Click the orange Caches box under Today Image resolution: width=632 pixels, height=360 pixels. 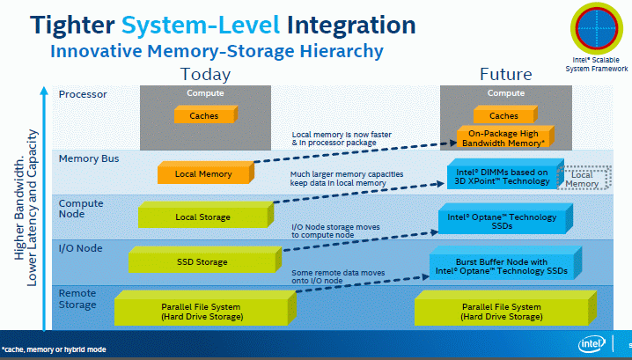pyautogui.click(x=204, y=115)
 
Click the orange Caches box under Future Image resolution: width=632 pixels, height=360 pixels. pyautogui.click(x=503, y=115)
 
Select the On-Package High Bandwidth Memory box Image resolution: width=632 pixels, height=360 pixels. pyautogui.click(x=501, y=137)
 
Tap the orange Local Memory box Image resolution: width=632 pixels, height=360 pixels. pyautogui.click(x=203, y=173)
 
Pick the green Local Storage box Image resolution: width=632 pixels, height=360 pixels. pyautogui.click(x=202, y=217)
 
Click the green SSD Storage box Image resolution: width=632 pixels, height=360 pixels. pyautogui.click(x=202, y=261)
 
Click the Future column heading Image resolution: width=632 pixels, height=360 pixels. pyautogui.click(x=504, y=74)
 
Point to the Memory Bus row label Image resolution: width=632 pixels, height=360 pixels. pyautogui.click(x=88, y=159)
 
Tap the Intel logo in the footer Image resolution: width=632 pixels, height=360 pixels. pyautogui.click(x=592, y=344)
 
